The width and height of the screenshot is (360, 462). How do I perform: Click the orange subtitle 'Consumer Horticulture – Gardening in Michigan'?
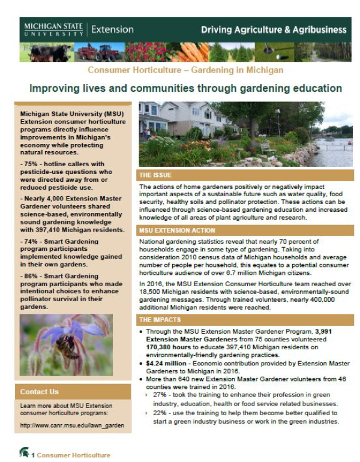tap(185, 70)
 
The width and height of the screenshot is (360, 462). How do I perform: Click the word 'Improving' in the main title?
tap(55, 88)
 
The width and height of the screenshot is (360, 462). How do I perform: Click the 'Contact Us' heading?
tap(39, 392)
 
